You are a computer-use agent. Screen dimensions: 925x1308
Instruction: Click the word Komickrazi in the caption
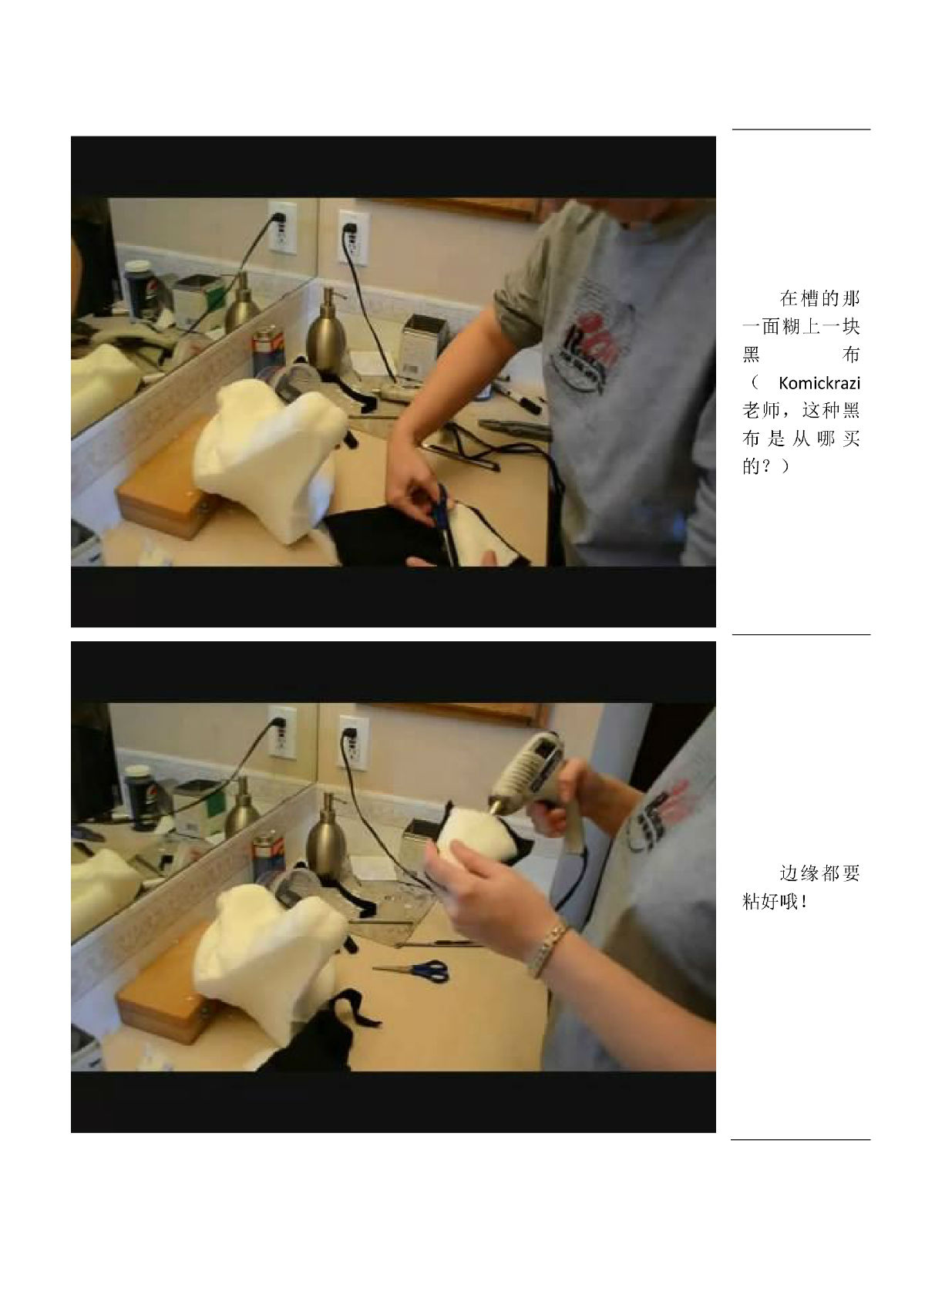point(819,383)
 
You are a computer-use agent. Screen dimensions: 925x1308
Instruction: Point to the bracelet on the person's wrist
point(547,948)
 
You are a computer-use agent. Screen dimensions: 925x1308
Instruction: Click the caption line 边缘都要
point(819,874)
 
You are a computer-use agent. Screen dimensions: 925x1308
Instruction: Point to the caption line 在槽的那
point(819,299)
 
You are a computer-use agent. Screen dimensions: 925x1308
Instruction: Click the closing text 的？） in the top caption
point(765,466)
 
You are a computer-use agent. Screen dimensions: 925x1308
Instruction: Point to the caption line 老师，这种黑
point(801,411)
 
